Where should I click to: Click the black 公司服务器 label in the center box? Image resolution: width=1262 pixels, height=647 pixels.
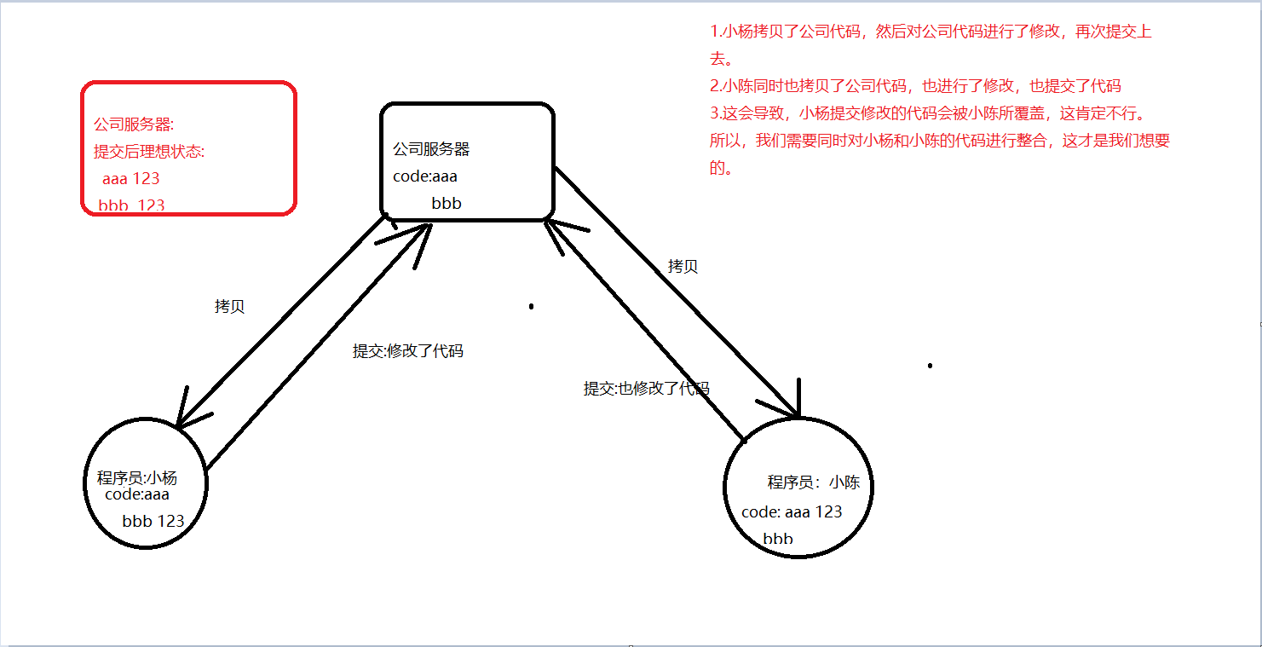431,149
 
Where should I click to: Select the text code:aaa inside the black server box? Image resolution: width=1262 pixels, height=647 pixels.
425,176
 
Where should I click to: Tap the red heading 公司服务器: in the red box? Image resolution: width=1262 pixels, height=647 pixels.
134,124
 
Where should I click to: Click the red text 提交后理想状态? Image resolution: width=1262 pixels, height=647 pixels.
149,152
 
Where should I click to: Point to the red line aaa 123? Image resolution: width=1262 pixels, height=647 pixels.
130,179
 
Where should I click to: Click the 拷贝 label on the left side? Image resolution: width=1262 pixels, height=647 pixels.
229,307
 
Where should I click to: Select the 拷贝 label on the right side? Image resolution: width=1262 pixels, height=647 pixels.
683,267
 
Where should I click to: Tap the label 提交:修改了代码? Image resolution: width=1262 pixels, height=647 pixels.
408,350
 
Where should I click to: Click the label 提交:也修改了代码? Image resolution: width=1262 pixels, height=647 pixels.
646,389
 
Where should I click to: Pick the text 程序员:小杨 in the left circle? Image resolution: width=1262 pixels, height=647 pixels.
137,477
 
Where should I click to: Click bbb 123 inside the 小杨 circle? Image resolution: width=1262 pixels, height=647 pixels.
153,521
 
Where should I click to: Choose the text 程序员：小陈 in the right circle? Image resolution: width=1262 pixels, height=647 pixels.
814,482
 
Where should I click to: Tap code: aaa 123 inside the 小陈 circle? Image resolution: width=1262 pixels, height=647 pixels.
792,511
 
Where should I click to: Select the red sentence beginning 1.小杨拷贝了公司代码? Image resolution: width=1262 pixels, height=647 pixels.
931,32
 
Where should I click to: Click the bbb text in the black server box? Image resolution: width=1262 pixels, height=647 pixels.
447,204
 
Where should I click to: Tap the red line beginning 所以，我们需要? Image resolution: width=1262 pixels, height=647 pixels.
939,141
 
